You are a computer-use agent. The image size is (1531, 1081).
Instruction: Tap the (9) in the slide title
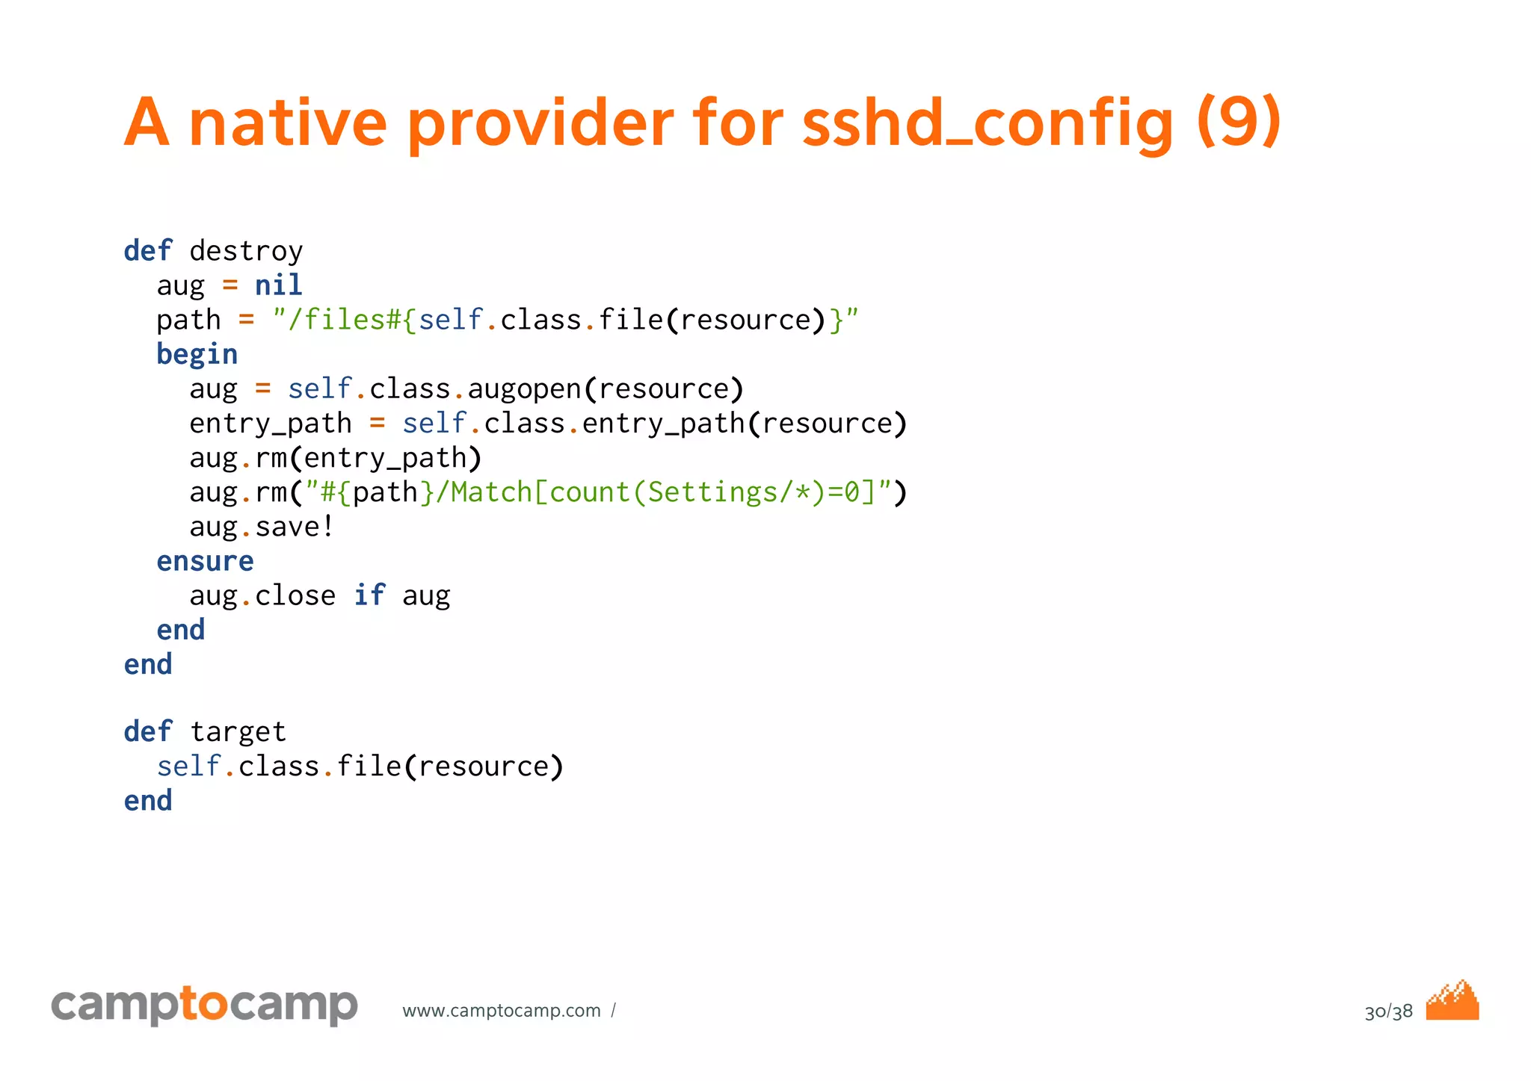[1239, 121]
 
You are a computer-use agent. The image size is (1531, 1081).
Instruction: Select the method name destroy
[246, 251]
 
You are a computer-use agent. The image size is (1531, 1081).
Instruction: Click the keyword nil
[278, 285]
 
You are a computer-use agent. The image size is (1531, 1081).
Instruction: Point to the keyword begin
[197, 354]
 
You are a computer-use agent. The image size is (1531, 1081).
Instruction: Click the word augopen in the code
[524, 389]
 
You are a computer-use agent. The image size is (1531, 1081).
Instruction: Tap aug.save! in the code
[261, 527]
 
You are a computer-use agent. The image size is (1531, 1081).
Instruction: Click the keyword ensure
[205, 561]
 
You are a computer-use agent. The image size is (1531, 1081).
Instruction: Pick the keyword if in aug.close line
[369, 595]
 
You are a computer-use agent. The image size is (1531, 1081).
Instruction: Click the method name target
[238, 732]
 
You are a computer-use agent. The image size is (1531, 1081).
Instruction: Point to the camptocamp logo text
[204, 1006]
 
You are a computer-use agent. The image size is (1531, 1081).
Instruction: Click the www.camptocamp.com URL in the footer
[501, 1011]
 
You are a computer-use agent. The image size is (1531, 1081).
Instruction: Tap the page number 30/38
[1388, 1012]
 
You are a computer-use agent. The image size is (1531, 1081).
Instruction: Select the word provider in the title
[540, 123]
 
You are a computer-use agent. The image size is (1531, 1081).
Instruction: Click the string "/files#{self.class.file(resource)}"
[565, 320]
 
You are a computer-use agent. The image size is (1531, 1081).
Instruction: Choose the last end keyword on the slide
[148, 801]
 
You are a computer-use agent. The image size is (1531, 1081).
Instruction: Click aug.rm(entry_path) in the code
[335, 458]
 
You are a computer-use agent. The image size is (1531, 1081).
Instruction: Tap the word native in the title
[288, 123]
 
